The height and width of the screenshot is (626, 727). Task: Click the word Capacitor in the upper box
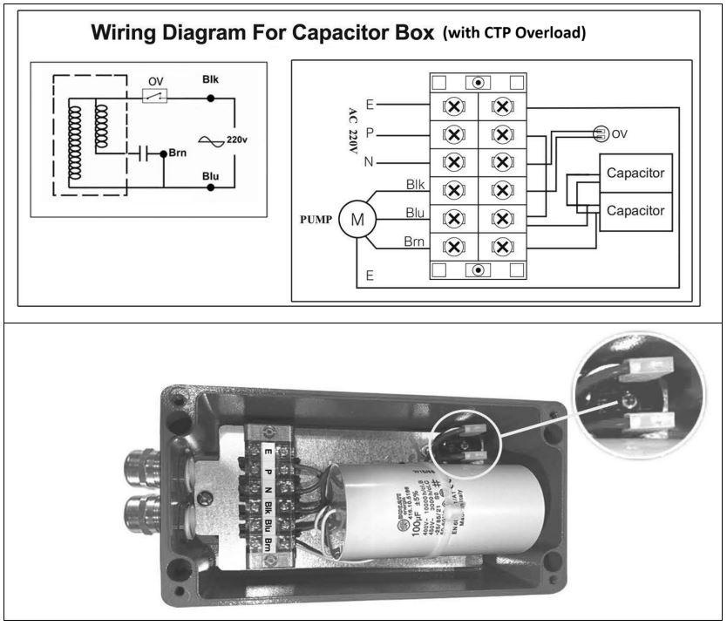(x=635, y=173)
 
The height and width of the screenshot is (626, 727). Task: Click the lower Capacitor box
(x=635, y=211)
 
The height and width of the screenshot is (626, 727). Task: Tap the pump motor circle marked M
(x=357, y=219)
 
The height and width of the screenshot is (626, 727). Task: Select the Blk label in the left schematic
(x=210, y=79)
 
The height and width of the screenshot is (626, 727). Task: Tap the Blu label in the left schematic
(x=210, y=174)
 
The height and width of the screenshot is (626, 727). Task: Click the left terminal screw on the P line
(x=453, y=135)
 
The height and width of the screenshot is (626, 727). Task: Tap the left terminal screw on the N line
(x=453, y=162)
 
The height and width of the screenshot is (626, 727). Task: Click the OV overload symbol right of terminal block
(x=600, y=133)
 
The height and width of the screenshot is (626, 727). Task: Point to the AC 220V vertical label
(x=352, y=131)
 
